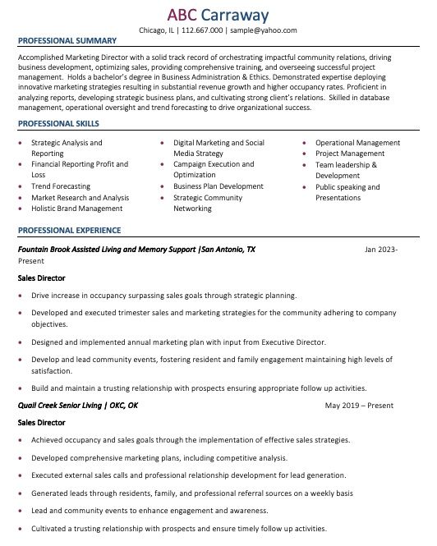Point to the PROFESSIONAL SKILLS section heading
pos(58,123)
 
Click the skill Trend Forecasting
pos(61,186)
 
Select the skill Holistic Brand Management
pos(76,209)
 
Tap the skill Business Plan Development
pos(218,186)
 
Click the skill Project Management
pos(350,154)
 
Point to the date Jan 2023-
pos(381,249)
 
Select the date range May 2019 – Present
pos(359,406)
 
